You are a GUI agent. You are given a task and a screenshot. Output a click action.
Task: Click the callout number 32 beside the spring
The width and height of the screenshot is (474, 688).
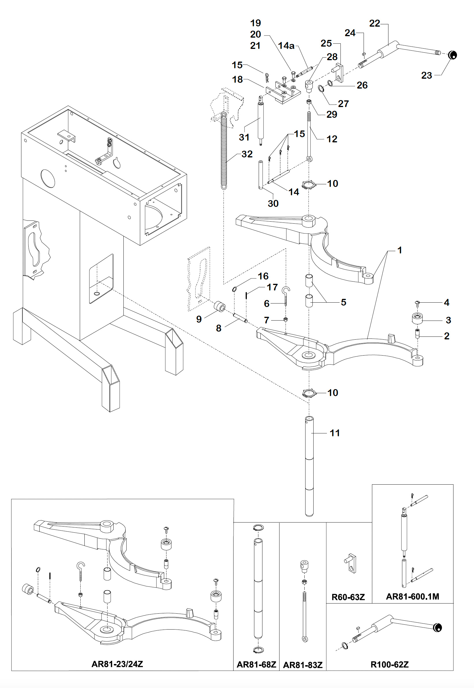point(247,154)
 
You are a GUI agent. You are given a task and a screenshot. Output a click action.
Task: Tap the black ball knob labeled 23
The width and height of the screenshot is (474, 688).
point(452,55)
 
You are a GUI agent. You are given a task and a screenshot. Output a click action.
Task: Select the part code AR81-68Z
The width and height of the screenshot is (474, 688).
point(256,665)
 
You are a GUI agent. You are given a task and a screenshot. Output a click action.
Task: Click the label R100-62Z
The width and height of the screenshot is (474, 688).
point(389,665)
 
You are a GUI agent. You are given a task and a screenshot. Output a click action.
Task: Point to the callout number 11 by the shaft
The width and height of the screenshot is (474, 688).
point(335,433)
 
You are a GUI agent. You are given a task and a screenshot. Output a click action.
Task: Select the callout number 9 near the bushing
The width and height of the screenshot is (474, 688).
point(199,319)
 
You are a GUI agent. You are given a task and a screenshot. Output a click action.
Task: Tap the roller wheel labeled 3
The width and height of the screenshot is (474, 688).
point(417,319)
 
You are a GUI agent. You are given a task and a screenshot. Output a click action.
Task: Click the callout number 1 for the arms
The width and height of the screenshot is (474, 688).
point(399,250)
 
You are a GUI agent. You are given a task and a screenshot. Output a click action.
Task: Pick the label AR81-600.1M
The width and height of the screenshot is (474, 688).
point(412,596)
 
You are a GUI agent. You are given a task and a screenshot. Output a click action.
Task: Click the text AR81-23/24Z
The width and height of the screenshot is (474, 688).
point(117,664)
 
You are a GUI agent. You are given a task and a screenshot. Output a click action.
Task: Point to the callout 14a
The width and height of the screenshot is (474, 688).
point(286,45)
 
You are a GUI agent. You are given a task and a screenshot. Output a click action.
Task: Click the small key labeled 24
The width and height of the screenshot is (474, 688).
point(364,54)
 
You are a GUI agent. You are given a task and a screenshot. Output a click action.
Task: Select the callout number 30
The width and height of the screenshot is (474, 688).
point(273,203)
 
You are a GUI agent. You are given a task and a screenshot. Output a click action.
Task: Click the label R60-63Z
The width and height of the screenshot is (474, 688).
point(348,597)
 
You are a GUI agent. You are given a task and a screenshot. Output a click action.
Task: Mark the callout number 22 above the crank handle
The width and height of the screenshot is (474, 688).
point(375,23)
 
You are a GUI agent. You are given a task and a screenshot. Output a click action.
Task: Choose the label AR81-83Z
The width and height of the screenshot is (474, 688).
point(303,665)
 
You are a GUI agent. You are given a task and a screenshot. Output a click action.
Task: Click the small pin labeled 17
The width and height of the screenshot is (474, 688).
point(247,296)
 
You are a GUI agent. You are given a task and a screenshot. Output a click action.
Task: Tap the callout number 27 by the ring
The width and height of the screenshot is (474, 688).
point(343,104)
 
